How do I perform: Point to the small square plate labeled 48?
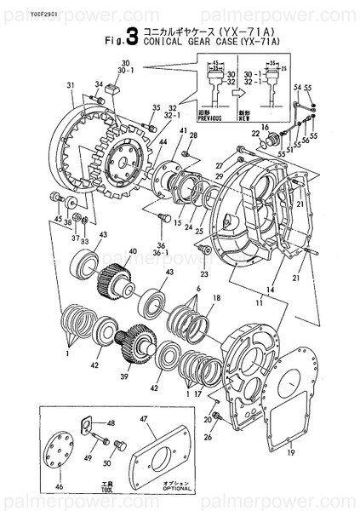click(87, 424)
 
